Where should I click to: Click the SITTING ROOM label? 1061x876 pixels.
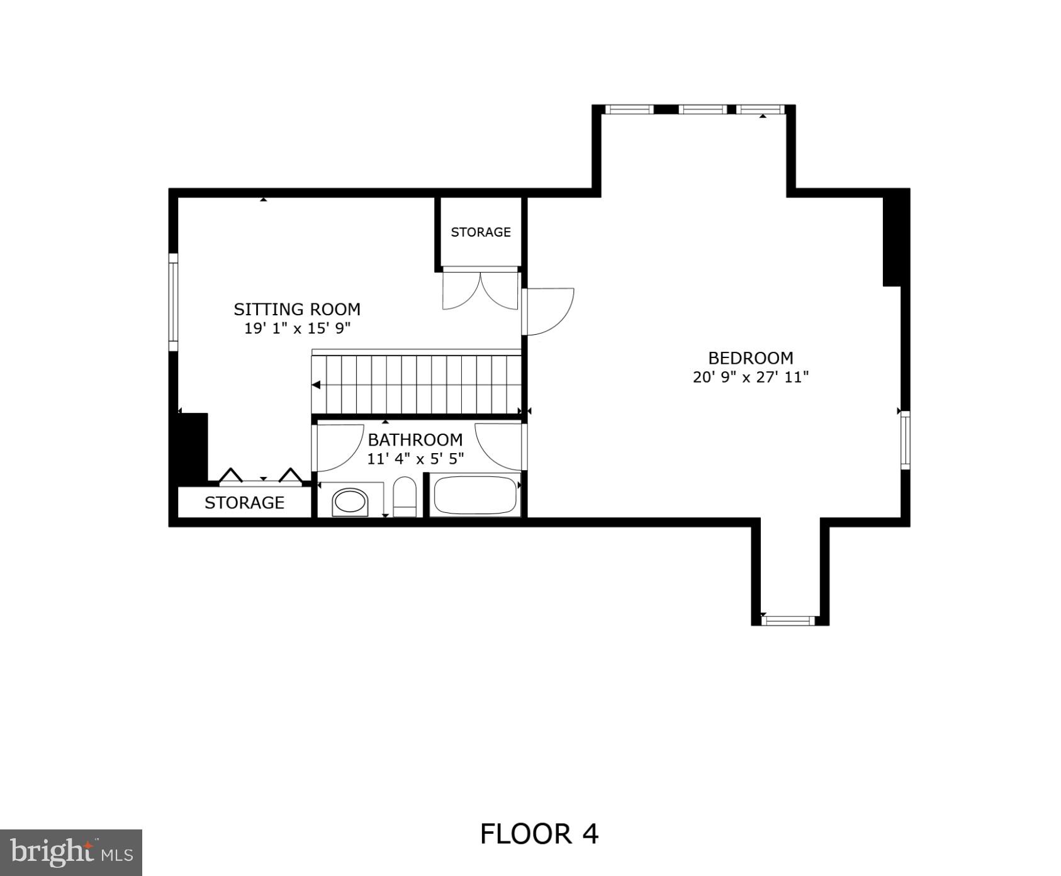pyautogui.click(x=297, y=309)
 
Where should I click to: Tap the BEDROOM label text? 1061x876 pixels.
pyautogui.click(x=750, y=358)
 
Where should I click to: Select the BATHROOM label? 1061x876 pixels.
pyautogui.click(x=415, y=439)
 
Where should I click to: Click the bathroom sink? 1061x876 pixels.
pyautogui.click(x=350, y=502)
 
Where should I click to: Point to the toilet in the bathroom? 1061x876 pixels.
pyautogui.click(x=405, y=497)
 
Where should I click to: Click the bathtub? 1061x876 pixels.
pyautogui.click(x=475, y=495)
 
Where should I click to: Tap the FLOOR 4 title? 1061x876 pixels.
pyautogui.click(x=539, y=834)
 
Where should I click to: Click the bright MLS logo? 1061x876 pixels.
pyautogui.click(x=71, y=853)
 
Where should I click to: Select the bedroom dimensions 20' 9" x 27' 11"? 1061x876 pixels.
pyautogui.click(x=750, y=377)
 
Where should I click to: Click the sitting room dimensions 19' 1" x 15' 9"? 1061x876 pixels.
pyautogui.click(x=297, y=328)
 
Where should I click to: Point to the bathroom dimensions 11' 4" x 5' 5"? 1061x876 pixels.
pyautogui.click(x=415, y=459)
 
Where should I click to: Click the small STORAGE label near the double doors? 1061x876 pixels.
pyautogui.click(x=481, y=232)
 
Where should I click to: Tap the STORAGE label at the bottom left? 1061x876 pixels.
pyautogui.click(x=244, y=503)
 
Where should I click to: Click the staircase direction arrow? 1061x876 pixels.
pyautogui.click(x=317, y=385)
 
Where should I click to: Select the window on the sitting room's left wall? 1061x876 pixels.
pyautogui.click(x=173, y=302)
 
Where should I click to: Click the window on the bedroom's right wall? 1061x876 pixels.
pyautogui.click(x=905, y=440)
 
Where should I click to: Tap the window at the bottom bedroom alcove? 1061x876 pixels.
pyautogui.click(x=788, y=621)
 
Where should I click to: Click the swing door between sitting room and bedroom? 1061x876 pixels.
pyautogui.click(x=547, y=312)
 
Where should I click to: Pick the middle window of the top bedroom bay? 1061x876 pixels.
pyautogui.click(x=703, y=109)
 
